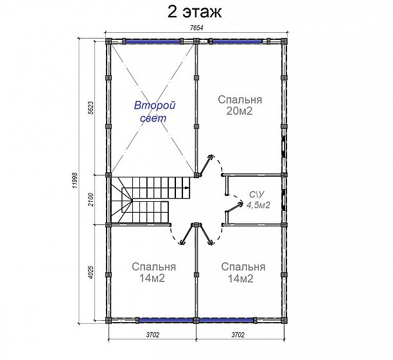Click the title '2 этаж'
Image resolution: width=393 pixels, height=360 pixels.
(195, 12)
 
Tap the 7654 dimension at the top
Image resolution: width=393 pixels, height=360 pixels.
(197, 28)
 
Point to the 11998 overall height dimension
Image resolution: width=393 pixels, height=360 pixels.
(74, 181)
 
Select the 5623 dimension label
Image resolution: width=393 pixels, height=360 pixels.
(91, 108)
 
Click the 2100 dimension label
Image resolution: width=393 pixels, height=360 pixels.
(91, 199)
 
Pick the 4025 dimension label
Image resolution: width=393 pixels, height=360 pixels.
(91, 273)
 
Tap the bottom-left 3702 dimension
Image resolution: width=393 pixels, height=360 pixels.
(152, 335)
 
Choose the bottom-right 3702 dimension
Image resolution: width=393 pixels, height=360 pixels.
(238, 335)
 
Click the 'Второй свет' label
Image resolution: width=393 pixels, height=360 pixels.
(154, 112)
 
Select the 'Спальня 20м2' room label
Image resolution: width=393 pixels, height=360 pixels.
(240, 105)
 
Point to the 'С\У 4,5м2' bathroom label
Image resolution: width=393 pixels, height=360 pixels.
(258, 200)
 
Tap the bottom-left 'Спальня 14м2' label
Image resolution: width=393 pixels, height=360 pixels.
(153, 273)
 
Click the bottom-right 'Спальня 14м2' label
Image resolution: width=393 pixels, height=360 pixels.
(243, 273)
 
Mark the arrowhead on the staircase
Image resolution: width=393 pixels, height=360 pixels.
(187, 188)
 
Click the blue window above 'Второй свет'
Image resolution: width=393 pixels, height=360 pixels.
(153, 41)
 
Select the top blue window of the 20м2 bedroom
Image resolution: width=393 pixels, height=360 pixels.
(237, 41)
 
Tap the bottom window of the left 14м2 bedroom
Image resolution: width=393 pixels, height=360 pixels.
(166, 320)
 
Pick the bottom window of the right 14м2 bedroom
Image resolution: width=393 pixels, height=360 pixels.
(226, 320)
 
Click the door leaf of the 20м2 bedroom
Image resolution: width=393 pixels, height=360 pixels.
(205, 165)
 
